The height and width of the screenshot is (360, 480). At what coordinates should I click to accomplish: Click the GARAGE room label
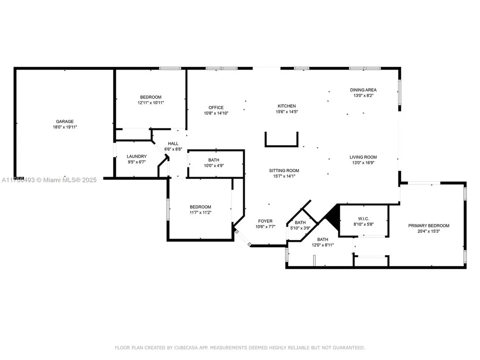click(x=65, y=121)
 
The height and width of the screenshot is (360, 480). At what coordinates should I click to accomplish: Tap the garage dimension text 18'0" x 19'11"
click(x=65, y=127)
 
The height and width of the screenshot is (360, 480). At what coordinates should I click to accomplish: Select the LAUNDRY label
click(x=137, y=157)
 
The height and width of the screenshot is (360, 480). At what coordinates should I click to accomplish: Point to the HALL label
click(x=173, y=143)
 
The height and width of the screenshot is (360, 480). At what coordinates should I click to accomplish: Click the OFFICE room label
click(x=216, y=107)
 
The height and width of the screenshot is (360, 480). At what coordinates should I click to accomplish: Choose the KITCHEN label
click(x=286, y=106)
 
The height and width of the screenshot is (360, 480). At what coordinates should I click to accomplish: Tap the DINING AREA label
click(x=363, y=90)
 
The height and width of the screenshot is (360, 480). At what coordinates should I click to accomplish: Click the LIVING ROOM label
click(x=363, y=157)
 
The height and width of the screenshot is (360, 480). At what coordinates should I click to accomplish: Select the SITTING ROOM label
click(x=284, y=171)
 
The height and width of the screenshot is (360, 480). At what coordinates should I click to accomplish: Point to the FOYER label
click(x=265, y=221)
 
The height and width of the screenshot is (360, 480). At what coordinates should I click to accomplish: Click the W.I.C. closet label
click(x=363, y=218)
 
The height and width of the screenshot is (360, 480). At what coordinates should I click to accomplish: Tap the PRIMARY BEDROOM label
click(x=428, y=225)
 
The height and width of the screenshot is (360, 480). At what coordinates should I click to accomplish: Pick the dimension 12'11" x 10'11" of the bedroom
click(x=150, y=103)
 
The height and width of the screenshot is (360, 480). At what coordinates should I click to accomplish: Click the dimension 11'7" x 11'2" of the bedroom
click(x=200, y=212)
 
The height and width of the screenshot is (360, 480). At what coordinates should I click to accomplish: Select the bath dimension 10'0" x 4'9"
click(x=214, y=165)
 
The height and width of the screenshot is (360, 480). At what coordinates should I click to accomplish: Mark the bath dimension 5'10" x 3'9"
click(x=300, y=228)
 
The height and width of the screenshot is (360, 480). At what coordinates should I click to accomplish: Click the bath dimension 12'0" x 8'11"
click(x=322, y=245)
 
